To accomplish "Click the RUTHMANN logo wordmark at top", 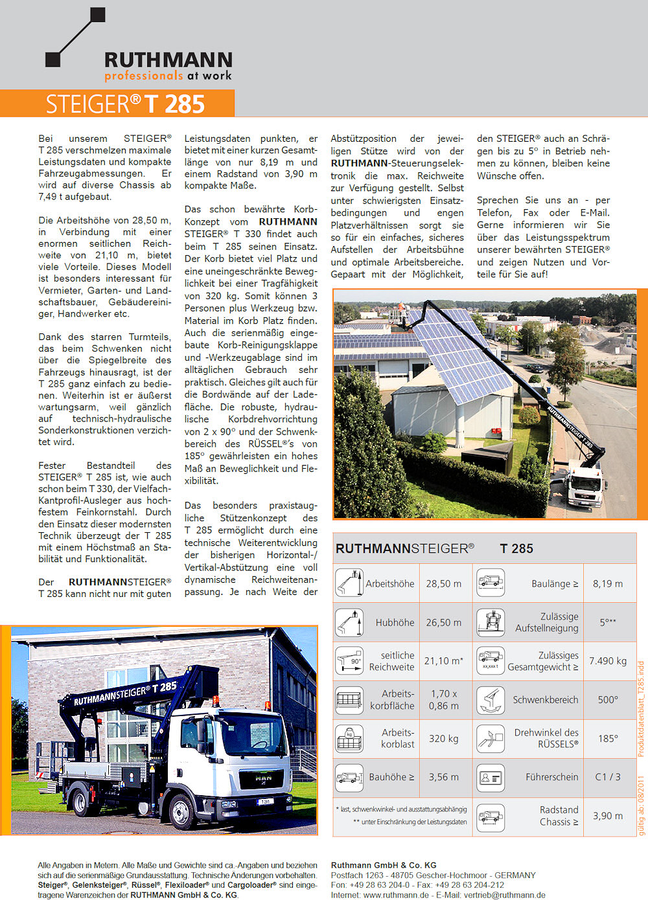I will pos(168,60).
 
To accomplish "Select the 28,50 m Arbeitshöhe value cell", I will pos(444,583).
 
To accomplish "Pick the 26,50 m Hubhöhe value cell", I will pos(444,622).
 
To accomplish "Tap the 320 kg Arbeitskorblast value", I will pos(444,738).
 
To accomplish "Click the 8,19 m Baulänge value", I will pos(608,583).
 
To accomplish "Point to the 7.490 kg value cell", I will pos(608,661).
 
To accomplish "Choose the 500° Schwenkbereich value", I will pos(608,699).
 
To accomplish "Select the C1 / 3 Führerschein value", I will pos(608,777).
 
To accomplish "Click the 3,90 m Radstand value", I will pos(608,816).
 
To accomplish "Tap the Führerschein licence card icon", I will pos(491,777).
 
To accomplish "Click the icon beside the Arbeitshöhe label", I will pos(349,583).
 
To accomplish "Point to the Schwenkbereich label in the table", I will pos(546,700).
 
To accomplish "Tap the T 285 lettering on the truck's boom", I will pos(168,686).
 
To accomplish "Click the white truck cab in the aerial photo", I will pos(584,486).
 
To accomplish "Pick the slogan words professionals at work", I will pos(168,76).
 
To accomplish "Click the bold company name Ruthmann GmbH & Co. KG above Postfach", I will pos(384,865).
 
